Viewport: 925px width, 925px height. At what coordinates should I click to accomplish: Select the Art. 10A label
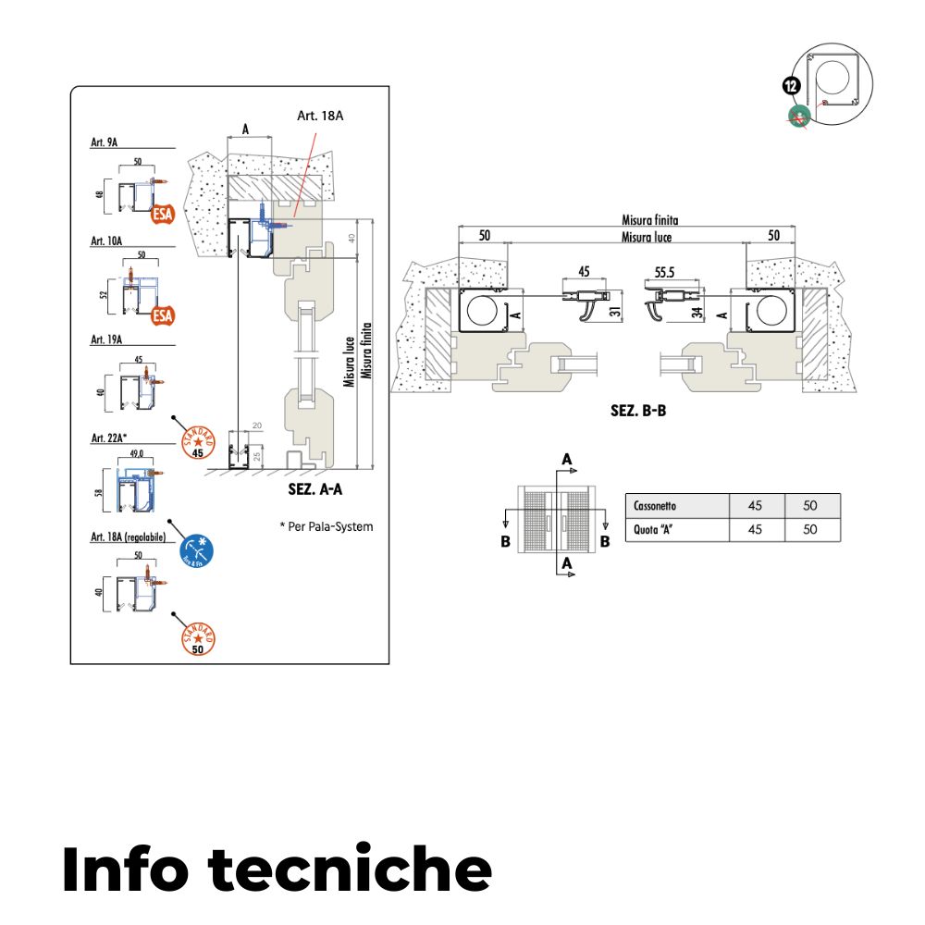(x=106, y=240)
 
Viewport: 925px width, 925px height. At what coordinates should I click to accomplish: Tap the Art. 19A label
(x=106, y=339)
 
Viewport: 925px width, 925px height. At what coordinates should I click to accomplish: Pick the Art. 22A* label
(x=108, y=438)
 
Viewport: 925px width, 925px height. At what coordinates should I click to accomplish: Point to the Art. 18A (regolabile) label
(x=129, y=536)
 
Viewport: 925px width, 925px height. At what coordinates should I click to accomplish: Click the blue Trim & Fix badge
(x=196, y=549)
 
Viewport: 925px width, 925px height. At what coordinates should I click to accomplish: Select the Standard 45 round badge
(x=197, y=440)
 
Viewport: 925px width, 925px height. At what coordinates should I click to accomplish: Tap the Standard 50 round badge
(x=197, y=637)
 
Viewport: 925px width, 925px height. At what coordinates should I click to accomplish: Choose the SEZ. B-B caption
(x=638, y=411)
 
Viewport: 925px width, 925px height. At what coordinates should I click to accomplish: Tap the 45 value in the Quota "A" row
(x=756, y=530)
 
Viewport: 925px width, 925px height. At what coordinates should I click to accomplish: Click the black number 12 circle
(x=791, y=86)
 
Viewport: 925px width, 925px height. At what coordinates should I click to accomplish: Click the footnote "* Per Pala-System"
(x=326, y=526)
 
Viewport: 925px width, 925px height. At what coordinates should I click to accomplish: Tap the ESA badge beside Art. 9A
(x=163, y=216)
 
